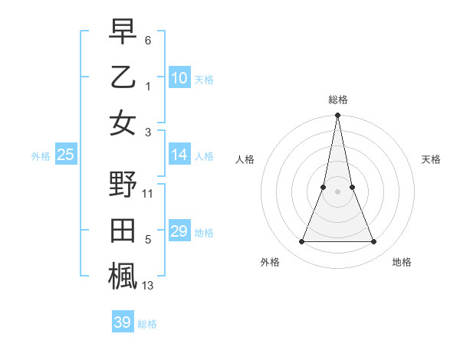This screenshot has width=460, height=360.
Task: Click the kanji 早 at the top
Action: (123, 32)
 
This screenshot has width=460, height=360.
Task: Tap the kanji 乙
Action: (123, 77)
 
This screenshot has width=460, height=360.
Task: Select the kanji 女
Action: (123, 123)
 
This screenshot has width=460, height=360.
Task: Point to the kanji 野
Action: (123, 186)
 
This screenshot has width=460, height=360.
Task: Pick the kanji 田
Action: (123, 232)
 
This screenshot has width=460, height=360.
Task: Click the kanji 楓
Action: (123, 277)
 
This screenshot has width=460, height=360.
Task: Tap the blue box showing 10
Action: (179, 77)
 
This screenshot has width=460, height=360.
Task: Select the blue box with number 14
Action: (179, 155)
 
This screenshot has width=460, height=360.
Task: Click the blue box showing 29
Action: (179, 231)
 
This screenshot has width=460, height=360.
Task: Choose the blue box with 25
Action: (66, 155)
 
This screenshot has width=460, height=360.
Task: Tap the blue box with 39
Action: (123, 322)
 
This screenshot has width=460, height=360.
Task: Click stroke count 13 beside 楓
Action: (148, 286)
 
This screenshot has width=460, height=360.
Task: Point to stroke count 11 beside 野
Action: (148, 194)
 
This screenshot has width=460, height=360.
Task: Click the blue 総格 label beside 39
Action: (147, 324)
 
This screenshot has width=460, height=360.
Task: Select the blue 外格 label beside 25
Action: (41, 156)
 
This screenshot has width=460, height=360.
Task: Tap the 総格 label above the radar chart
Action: (337, 100)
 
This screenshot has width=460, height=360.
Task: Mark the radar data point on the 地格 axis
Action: (373, 242)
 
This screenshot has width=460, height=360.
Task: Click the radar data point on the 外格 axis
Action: (301, 242)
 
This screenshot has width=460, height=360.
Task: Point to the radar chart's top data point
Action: (337, 116)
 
